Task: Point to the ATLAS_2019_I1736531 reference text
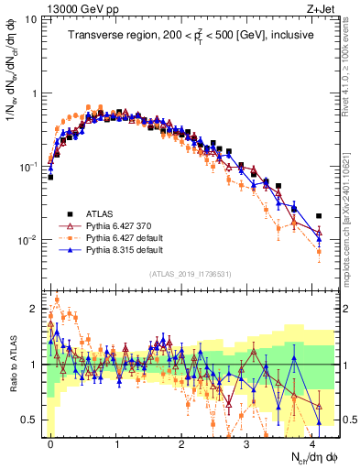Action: point(191,274)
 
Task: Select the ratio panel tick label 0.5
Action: point(33,420)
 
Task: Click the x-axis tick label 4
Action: point(313,442)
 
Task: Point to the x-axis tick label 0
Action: point(50,442)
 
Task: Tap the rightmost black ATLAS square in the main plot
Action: point(319,216)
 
